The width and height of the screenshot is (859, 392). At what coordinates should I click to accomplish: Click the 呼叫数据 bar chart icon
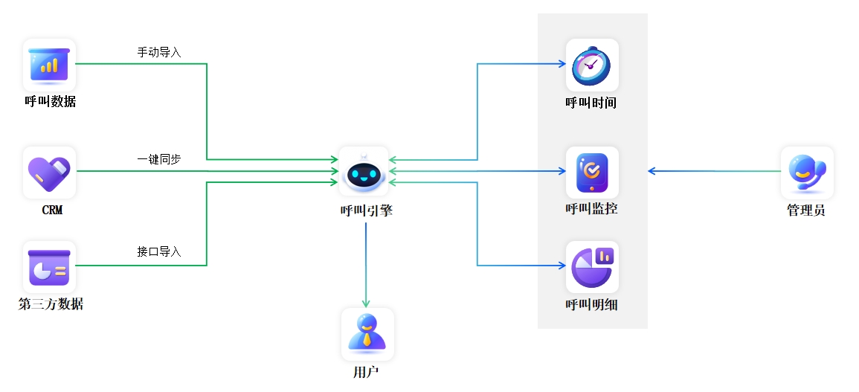click(x=49, y=65)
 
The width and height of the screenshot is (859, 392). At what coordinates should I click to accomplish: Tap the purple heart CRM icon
click(x=49, y=172)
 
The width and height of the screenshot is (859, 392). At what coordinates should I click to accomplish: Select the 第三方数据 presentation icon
click(x=49, y=266)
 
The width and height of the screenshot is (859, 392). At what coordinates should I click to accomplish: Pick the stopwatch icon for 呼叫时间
click(x=592, y=65)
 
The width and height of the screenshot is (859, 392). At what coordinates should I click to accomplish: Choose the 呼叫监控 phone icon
click(x=592, y=172)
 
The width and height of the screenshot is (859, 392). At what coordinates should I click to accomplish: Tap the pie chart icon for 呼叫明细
click(x=592, y=266)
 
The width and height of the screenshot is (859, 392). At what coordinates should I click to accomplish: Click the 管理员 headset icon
click(x=807, y=172)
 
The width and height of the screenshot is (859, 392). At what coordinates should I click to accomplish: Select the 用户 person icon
click(x=367, y=334)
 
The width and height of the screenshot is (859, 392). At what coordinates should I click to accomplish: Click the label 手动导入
click(x=159, y=53)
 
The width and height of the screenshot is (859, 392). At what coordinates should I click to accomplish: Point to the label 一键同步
click(x=159, y=160)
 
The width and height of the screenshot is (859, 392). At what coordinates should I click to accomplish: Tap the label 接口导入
click(x=159, y=251)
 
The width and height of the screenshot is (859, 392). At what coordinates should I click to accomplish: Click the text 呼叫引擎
click(x=366, y=211)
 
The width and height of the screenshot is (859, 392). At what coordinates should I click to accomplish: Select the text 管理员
click(x=806, y=211)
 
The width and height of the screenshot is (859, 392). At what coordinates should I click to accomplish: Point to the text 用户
click(x=366, y=371)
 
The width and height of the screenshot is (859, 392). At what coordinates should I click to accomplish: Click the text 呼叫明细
click(x=591, y=304)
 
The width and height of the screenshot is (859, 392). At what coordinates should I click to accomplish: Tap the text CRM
click(x=52, y=211)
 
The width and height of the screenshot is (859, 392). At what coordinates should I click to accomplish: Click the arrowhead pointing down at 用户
click(x=366, y=303)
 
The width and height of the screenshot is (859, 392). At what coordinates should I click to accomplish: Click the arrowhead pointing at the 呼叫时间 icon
click(x=563, y=64)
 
